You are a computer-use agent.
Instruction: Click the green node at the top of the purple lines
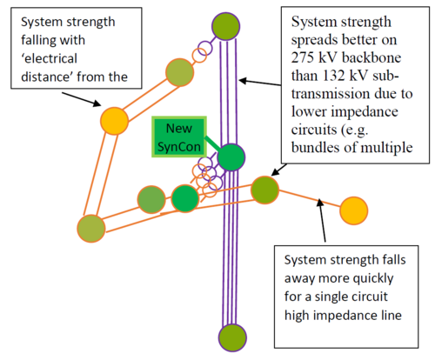pos(225,25)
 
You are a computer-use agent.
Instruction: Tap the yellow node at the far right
pos(352,210)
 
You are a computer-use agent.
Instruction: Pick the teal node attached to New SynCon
pos(231,157)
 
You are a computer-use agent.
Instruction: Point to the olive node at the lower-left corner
pos(90,228)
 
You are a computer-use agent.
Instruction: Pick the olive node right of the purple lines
pos(264,189)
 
